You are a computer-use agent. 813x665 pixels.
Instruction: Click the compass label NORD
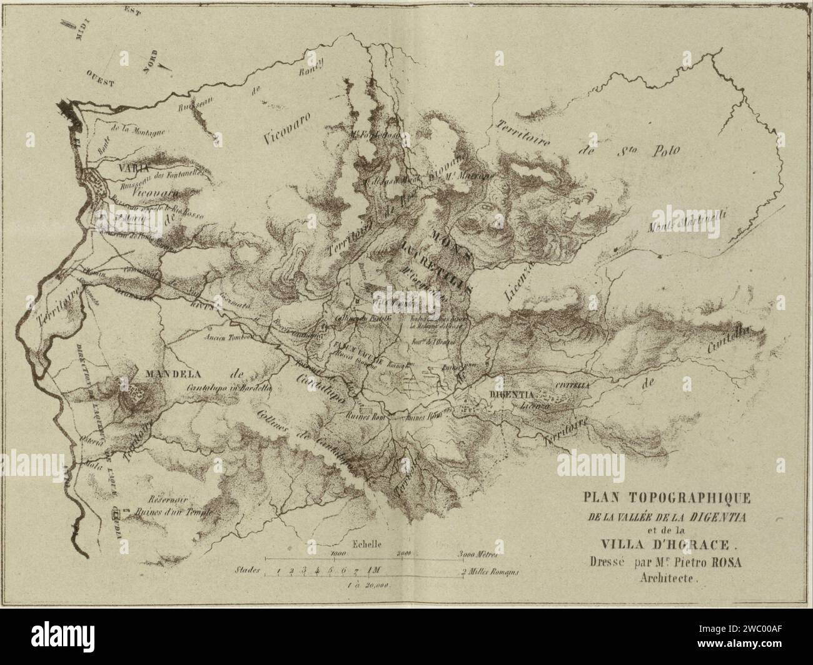(x=149, y=63)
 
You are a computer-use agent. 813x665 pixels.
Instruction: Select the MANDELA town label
(x=171, y=375)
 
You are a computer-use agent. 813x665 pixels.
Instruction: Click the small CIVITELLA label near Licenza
(x=572, y=386)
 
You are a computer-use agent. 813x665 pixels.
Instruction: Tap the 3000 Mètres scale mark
(x=477, y=554)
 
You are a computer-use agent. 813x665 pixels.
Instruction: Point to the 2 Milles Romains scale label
(x=490, y=572)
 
